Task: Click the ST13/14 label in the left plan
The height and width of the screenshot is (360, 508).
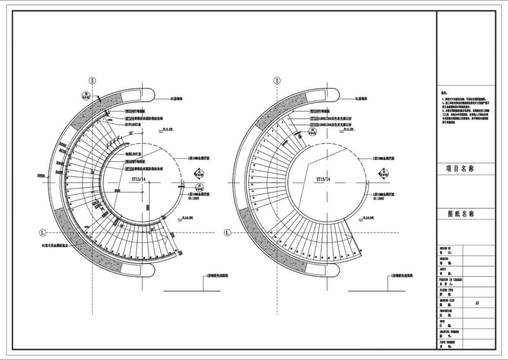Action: pos(139,179)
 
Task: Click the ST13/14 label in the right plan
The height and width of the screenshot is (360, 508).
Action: pos(323,179)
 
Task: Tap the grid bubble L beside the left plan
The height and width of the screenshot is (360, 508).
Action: pos(43,233)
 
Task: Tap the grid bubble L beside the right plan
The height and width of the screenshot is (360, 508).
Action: pos(227,233)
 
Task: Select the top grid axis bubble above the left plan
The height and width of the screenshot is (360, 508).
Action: pos(92,81)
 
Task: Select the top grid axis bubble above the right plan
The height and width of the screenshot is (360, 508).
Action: pos(276,81)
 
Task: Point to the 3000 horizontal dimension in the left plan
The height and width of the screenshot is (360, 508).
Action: pos(117,191)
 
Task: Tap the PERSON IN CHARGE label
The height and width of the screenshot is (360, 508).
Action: pos(450,280)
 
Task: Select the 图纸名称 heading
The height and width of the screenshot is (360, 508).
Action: pos(461,214)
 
